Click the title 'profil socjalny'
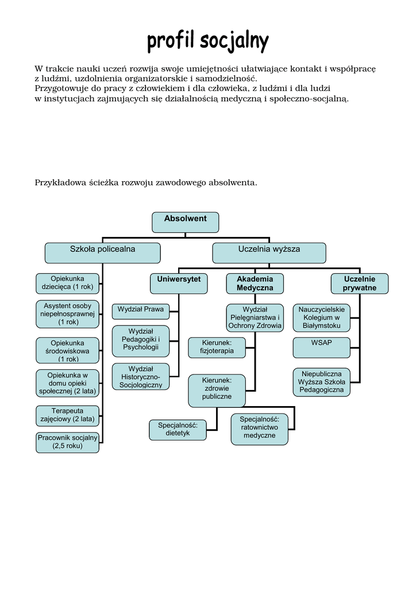207,41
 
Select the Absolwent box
185,222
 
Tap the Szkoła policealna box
103,252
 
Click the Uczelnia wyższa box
269,252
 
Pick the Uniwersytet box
179,283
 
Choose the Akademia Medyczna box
255,283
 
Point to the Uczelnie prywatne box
360,283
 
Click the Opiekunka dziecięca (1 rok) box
68,282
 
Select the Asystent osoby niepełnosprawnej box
68,314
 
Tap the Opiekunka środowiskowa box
68,350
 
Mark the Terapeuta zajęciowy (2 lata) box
68,415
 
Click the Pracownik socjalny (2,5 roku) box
68,442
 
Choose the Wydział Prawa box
141,311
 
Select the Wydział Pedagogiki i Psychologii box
141,339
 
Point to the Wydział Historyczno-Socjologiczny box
141,376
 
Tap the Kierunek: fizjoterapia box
217,347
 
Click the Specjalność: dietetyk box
178,429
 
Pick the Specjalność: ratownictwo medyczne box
259,429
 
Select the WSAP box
322,347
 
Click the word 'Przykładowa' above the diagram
60,183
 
